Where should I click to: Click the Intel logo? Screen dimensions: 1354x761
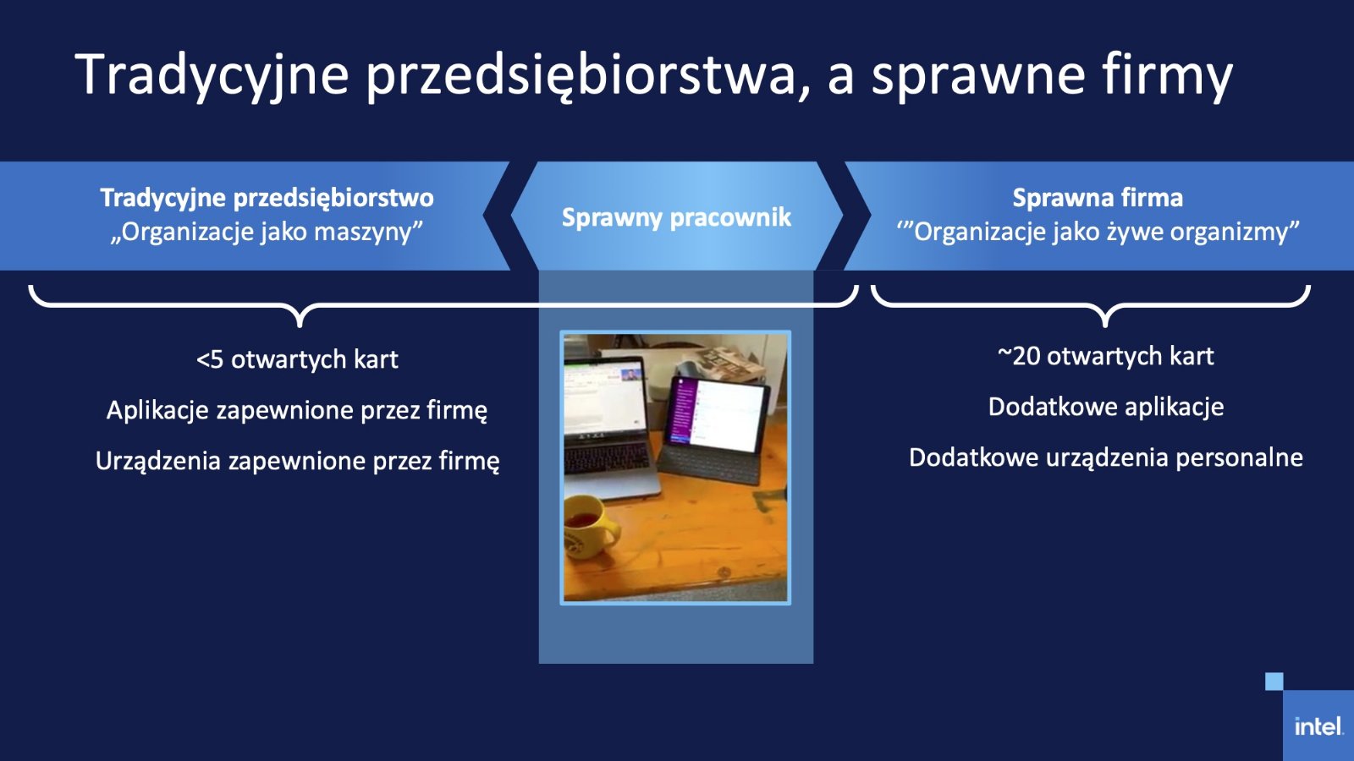pyautogui.click(x=1318, y=726)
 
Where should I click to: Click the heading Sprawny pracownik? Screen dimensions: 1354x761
pyautogui.click(x=676, y=217)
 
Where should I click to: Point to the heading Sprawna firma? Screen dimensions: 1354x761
pyautogui.click(x=1098, y=198)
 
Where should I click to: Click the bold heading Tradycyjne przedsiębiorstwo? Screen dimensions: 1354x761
pyautogui.click(x=267, y=198)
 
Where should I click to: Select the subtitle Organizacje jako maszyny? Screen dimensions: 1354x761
pyautogui.click(x=267, y=232)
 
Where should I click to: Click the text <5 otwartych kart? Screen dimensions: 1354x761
pyautogui.click(x=297, y=359)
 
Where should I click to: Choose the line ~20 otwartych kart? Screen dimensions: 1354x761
pyautogui.click(x=1105, y=356)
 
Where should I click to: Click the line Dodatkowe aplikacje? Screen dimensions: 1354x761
pyautogui.click(x=1105, y=407)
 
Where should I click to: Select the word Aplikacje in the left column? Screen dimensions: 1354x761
pyautogui.click(x=157, y=411)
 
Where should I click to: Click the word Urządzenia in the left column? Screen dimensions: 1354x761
pyautogui.click(x=157, y=462)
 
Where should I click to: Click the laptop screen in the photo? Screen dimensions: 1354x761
pyautogui.click(x=603, y=397)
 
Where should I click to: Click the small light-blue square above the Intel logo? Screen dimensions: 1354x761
pyautogui.click(x=1274, y=682)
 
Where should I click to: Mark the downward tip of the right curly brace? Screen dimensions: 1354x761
pyautogui.click(x=1105, y=326)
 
